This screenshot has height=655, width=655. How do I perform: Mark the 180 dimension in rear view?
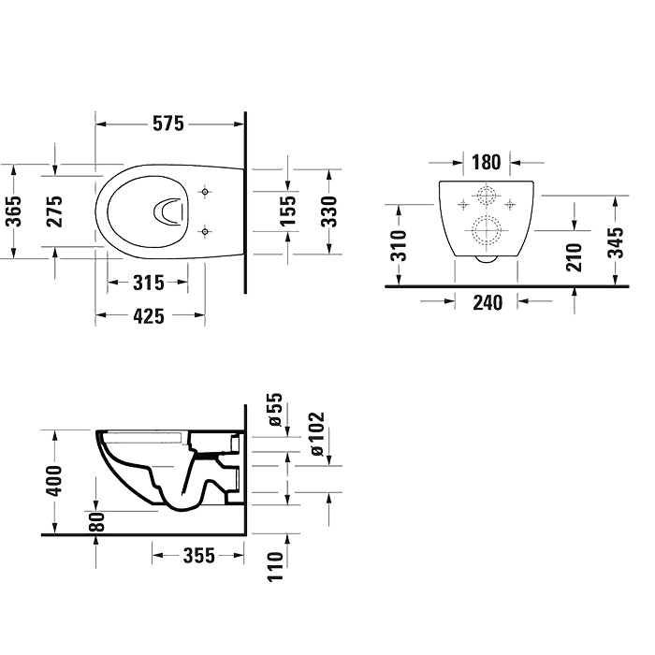pos(486,162)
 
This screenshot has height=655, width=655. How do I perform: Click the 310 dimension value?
pos(398,245)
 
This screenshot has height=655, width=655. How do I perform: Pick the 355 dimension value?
pos(197,556)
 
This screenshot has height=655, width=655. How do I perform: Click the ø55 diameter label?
pos(274,411)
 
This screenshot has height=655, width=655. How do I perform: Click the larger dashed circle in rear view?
pos(487,229)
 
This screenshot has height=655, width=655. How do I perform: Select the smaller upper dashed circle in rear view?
pos(487,196)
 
